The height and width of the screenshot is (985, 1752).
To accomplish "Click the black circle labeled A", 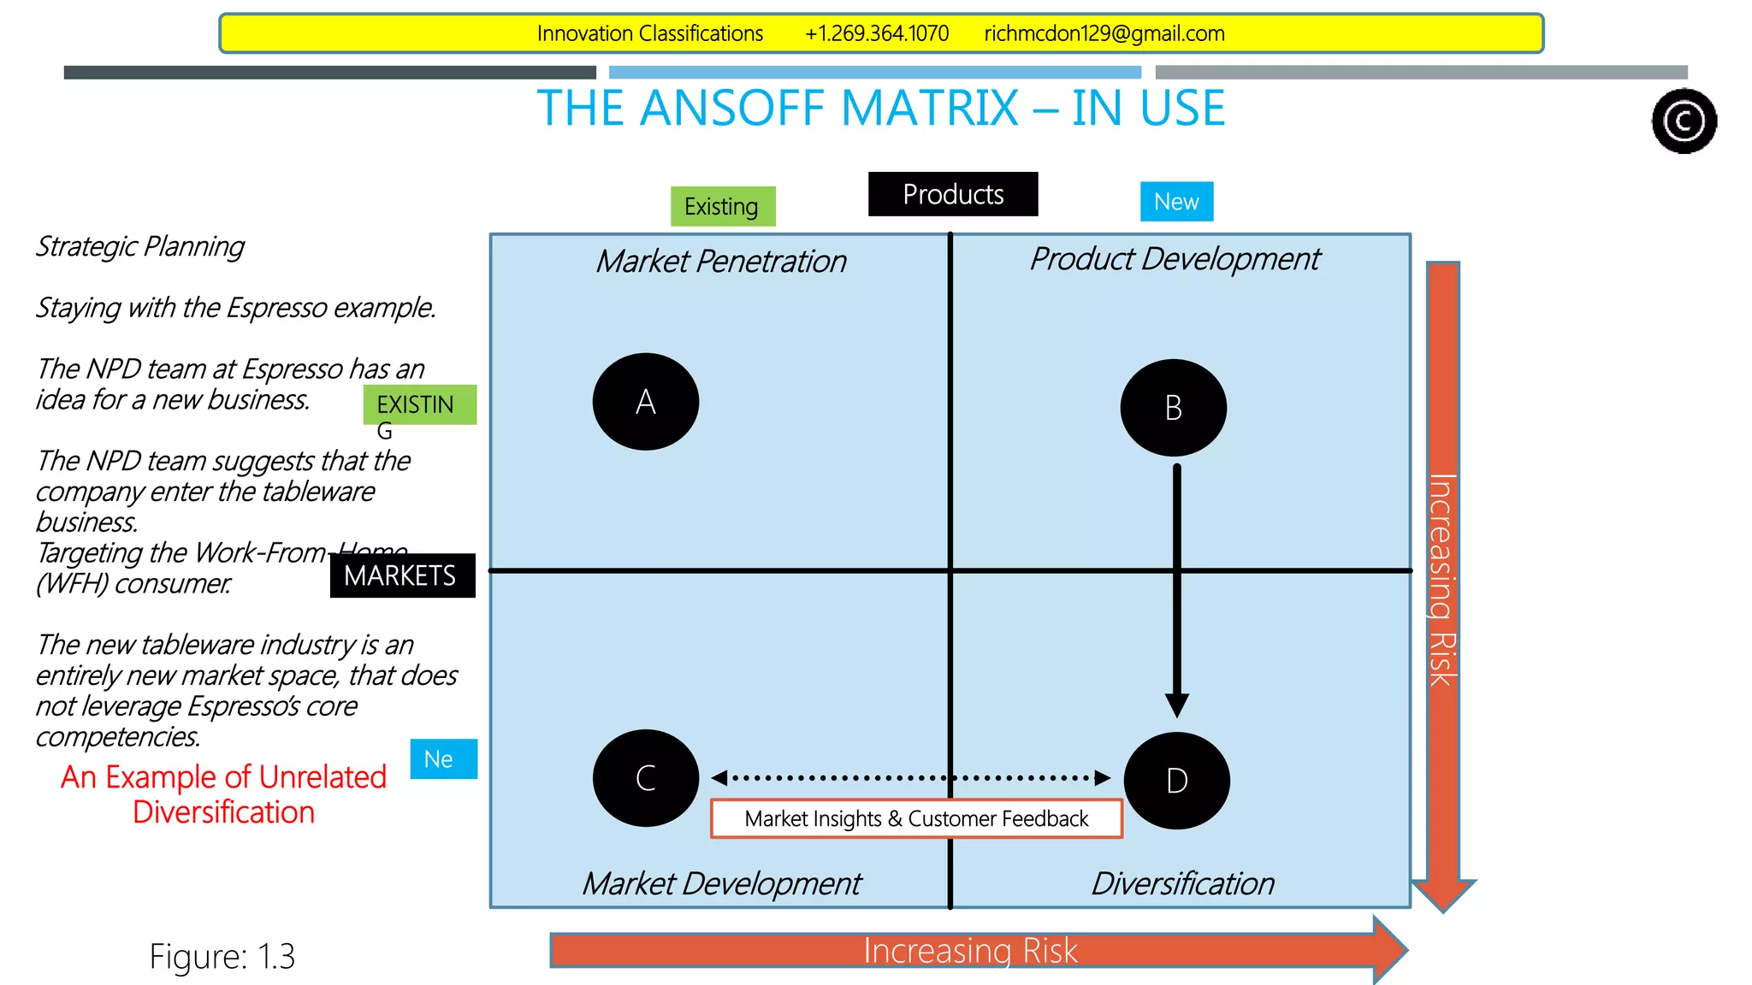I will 645,401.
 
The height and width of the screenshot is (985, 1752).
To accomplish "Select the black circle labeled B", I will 1173,407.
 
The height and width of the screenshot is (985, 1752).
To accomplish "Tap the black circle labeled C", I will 645,777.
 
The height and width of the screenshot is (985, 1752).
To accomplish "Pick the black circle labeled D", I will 1176,780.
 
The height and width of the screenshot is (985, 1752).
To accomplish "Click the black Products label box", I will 952,194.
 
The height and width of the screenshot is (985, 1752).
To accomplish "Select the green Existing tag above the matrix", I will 722,206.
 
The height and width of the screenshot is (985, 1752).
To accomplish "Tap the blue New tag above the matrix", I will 1176,202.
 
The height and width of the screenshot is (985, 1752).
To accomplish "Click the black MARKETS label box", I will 401,575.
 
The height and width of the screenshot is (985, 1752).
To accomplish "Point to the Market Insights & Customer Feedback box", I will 915,818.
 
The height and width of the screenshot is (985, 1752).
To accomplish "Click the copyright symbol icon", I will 1684,121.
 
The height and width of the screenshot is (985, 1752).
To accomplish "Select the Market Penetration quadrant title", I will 721,261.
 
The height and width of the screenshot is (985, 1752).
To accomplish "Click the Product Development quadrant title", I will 1175,258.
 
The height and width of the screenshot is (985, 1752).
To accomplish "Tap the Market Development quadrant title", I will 721,883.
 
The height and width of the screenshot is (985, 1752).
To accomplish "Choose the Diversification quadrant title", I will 1182,883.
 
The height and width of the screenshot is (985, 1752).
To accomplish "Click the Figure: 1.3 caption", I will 222,956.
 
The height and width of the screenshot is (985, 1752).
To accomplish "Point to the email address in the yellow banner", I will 1104,33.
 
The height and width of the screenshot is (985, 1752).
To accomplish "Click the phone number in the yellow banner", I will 876,33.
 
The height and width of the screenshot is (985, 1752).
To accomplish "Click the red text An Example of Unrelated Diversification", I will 223,793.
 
